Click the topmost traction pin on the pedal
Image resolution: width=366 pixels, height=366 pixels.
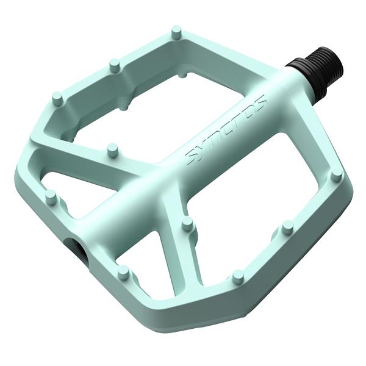tap(177, 32)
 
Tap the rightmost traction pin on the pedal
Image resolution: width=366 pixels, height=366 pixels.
tap(336, 176)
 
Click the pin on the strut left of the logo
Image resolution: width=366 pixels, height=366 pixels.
tap(112, 149)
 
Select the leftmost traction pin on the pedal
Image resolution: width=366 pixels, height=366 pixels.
tap(51, 197)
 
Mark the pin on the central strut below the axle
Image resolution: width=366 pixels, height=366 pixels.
tap(188, 224)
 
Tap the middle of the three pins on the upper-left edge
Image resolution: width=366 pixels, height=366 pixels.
tap(113, 64)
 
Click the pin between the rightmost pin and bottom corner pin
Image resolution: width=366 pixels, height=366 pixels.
tap(287, 228)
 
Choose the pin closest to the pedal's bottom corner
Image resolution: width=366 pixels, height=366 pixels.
tap(238, 276)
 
